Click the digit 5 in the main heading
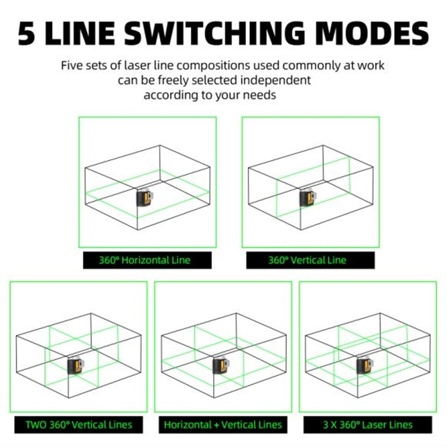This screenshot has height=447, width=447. point(26,33)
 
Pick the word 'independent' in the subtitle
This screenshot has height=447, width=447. point(275,80)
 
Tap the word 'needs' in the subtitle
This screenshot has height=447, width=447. point(259,95)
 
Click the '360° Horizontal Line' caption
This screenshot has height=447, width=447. point(145,260)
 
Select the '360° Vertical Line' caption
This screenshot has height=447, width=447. point(307,260)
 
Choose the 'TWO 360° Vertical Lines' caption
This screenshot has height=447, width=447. point(79,425)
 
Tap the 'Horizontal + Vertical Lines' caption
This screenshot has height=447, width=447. point(223,425)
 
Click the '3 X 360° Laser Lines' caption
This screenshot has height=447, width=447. point(368,425)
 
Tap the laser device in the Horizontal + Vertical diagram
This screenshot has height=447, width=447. point(221,366)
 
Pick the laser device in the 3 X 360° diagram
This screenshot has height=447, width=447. point(365,366)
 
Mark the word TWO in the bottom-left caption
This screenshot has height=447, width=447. point(36,425)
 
